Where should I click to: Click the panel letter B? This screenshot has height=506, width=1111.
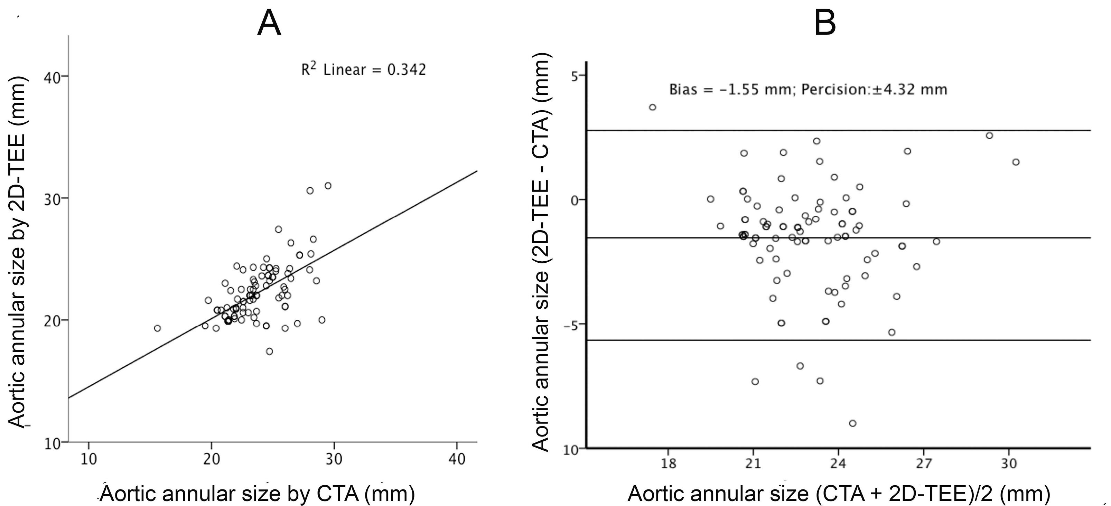click(825, 24)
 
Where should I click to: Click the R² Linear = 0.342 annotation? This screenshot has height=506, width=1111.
click(363, 70)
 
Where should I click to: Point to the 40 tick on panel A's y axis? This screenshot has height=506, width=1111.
click(53, 77)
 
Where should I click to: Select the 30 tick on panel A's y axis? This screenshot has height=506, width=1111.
click(53, 198)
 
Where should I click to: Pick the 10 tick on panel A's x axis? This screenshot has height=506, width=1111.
click(88, 459)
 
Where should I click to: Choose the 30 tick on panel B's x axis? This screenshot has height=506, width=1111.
click(1008, 464)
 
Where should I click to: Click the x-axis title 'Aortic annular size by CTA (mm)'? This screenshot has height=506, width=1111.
click(258, 494)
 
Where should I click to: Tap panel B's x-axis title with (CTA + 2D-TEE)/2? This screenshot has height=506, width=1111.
click(838, 494)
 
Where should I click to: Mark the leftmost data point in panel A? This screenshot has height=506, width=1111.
click(157, 328)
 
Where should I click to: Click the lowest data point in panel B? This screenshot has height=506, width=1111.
click(852, 423)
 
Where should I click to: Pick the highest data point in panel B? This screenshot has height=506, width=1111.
click(653, 107)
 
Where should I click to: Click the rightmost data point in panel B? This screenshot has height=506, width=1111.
click(1016, 162)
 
